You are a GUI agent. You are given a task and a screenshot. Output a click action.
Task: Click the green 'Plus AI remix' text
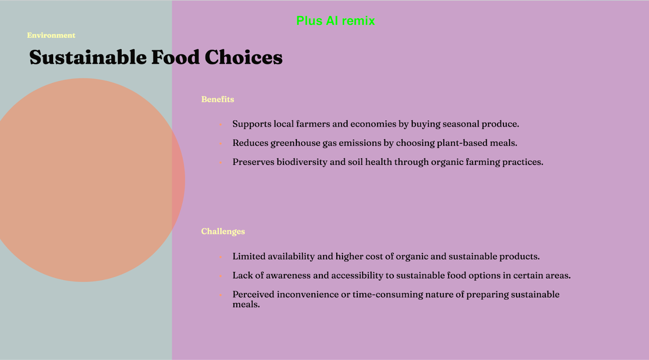click(335, 21)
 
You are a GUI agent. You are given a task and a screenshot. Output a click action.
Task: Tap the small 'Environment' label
click(51, 35)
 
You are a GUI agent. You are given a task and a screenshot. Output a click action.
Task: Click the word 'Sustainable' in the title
click(88, 57)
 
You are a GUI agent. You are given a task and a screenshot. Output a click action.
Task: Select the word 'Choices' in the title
click(243, 57)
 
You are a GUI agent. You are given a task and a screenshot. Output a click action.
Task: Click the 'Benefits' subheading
click(217, 99)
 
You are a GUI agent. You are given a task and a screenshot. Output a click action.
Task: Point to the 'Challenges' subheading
click(223, 232)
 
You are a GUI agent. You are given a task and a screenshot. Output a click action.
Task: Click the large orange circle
click(84, 180)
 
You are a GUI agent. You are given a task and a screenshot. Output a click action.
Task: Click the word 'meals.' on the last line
click(246, 304)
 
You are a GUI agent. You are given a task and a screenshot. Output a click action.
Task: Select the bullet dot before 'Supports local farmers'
click(221, 125)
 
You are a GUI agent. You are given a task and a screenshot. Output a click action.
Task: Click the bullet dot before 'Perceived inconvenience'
click(221, 295)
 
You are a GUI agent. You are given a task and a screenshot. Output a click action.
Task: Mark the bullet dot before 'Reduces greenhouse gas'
click(221, 144)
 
